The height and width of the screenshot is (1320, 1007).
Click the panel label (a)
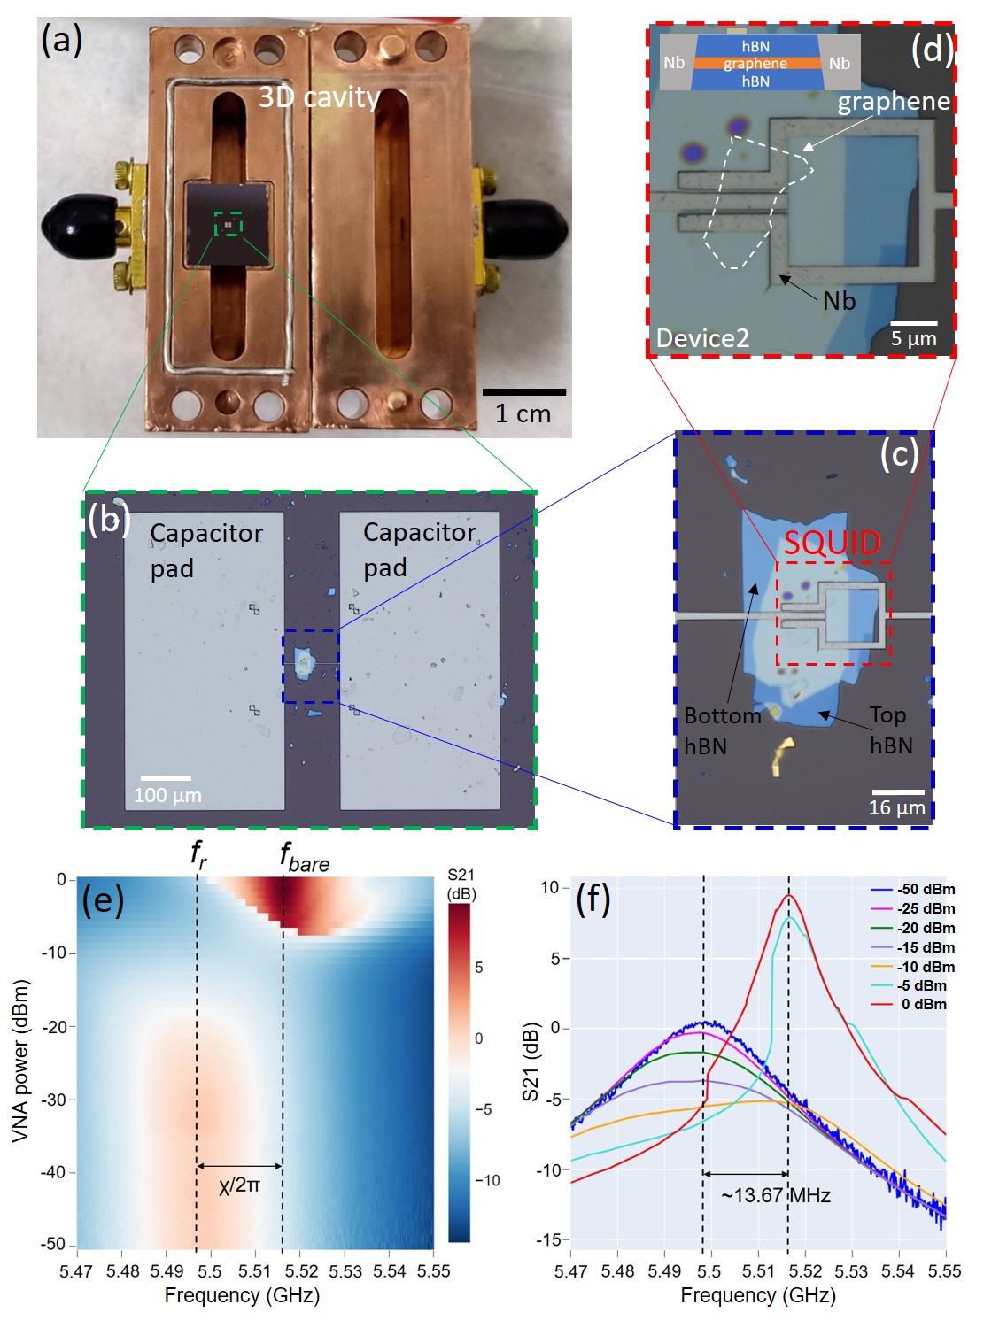click(62, 42)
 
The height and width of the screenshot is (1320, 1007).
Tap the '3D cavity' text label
click(319, 97)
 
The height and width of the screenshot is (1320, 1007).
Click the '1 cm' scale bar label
click(523, 413)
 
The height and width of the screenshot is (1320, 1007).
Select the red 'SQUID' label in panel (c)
click(832, 543)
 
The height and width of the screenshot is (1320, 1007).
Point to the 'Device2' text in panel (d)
click(702, 337)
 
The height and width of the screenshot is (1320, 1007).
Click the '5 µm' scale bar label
click(913, 338)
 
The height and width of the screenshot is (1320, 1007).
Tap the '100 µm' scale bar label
click(167, 795)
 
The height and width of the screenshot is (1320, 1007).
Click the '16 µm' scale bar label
click(896, 807)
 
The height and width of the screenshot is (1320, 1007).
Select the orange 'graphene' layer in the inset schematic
click(755, 64)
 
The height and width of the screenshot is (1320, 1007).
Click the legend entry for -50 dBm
click(926, 890)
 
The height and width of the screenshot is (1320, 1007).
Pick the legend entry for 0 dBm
click(924, 1004)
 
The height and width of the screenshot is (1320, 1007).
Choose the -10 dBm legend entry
click(926, 967)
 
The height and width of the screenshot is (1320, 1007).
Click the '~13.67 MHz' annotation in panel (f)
click(776, 1195)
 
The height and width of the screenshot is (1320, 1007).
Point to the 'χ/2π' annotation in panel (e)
click(239, 1185)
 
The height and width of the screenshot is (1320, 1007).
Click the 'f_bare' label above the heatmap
click(304, 857)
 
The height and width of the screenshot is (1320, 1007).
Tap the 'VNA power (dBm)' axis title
click(21, 1061)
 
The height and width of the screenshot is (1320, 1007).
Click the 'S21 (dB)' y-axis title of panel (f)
click(531, 1061)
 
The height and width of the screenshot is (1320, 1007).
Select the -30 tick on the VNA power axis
click(56, 1100)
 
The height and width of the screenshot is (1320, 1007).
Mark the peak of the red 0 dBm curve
click(788, 895)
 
